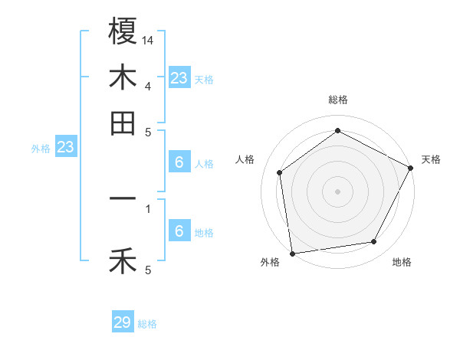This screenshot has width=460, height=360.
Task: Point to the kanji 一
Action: click(x=123, y=199)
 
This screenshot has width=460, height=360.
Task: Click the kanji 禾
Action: click(x=123, y=262)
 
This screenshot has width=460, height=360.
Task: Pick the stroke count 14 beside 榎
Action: click(x=148, y=40)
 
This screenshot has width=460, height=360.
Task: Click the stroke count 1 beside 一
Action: click(x=148, y=208)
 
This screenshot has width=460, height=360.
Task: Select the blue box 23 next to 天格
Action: click(x=179, y=77)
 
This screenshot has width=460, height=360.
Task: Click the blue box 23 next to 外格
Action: click(x=65, y=147)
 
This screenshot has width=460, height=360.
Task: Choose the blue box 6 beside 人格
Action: click(x=179, y=162)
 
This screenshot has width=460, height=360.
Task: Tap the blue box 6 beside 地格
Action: click(x=179, y=231)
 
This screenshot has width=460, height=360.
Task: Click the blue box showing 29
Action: click(x=123, y=322)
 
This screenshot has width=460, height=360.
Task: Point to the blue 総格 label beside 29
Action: click(x=147, y=324)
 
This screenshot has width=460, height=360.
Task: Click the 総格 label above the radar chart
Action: click(x=337, y=100)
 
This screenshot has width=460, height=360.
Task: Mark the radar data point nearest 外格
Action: click(x=292, y=253)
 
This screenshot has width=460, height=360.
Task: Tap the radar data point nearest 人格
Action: click(x=280, y=172)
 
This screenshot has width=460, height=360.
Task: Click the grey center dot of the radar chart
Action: click(x=337, y=191)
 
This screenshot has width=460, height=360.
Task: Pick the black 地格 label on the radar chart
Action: click(x=402, y=262)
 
